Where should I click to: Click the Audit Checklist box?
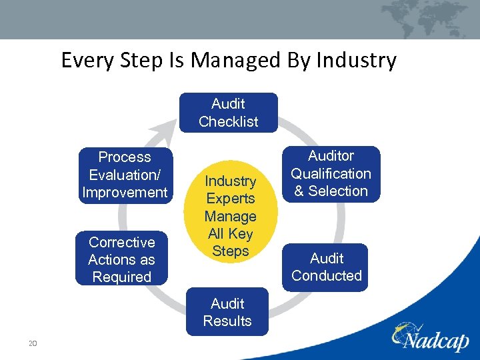(228, 113)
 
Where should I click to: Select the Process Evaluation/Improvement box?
(125, 175)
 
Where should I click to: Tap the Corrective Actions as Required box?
(121, 259)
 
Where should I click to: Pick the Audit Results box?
(227, 312)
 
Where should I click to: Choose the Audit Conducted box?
(326, 267)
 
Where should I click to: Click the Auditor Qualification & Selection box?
(331, 173)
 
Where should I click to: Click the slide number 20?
(31, 343)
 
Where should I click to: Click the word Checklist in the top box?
(228, 121)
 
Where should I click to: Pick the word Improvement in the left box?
(125, 193)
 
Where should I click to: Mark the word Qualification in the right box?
(331, 173)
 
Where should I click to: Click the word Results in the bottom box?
(227, 321)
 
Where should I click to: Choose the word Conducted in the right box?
(326, 275)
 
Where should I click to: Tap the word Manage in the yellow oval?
(230, 216)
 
